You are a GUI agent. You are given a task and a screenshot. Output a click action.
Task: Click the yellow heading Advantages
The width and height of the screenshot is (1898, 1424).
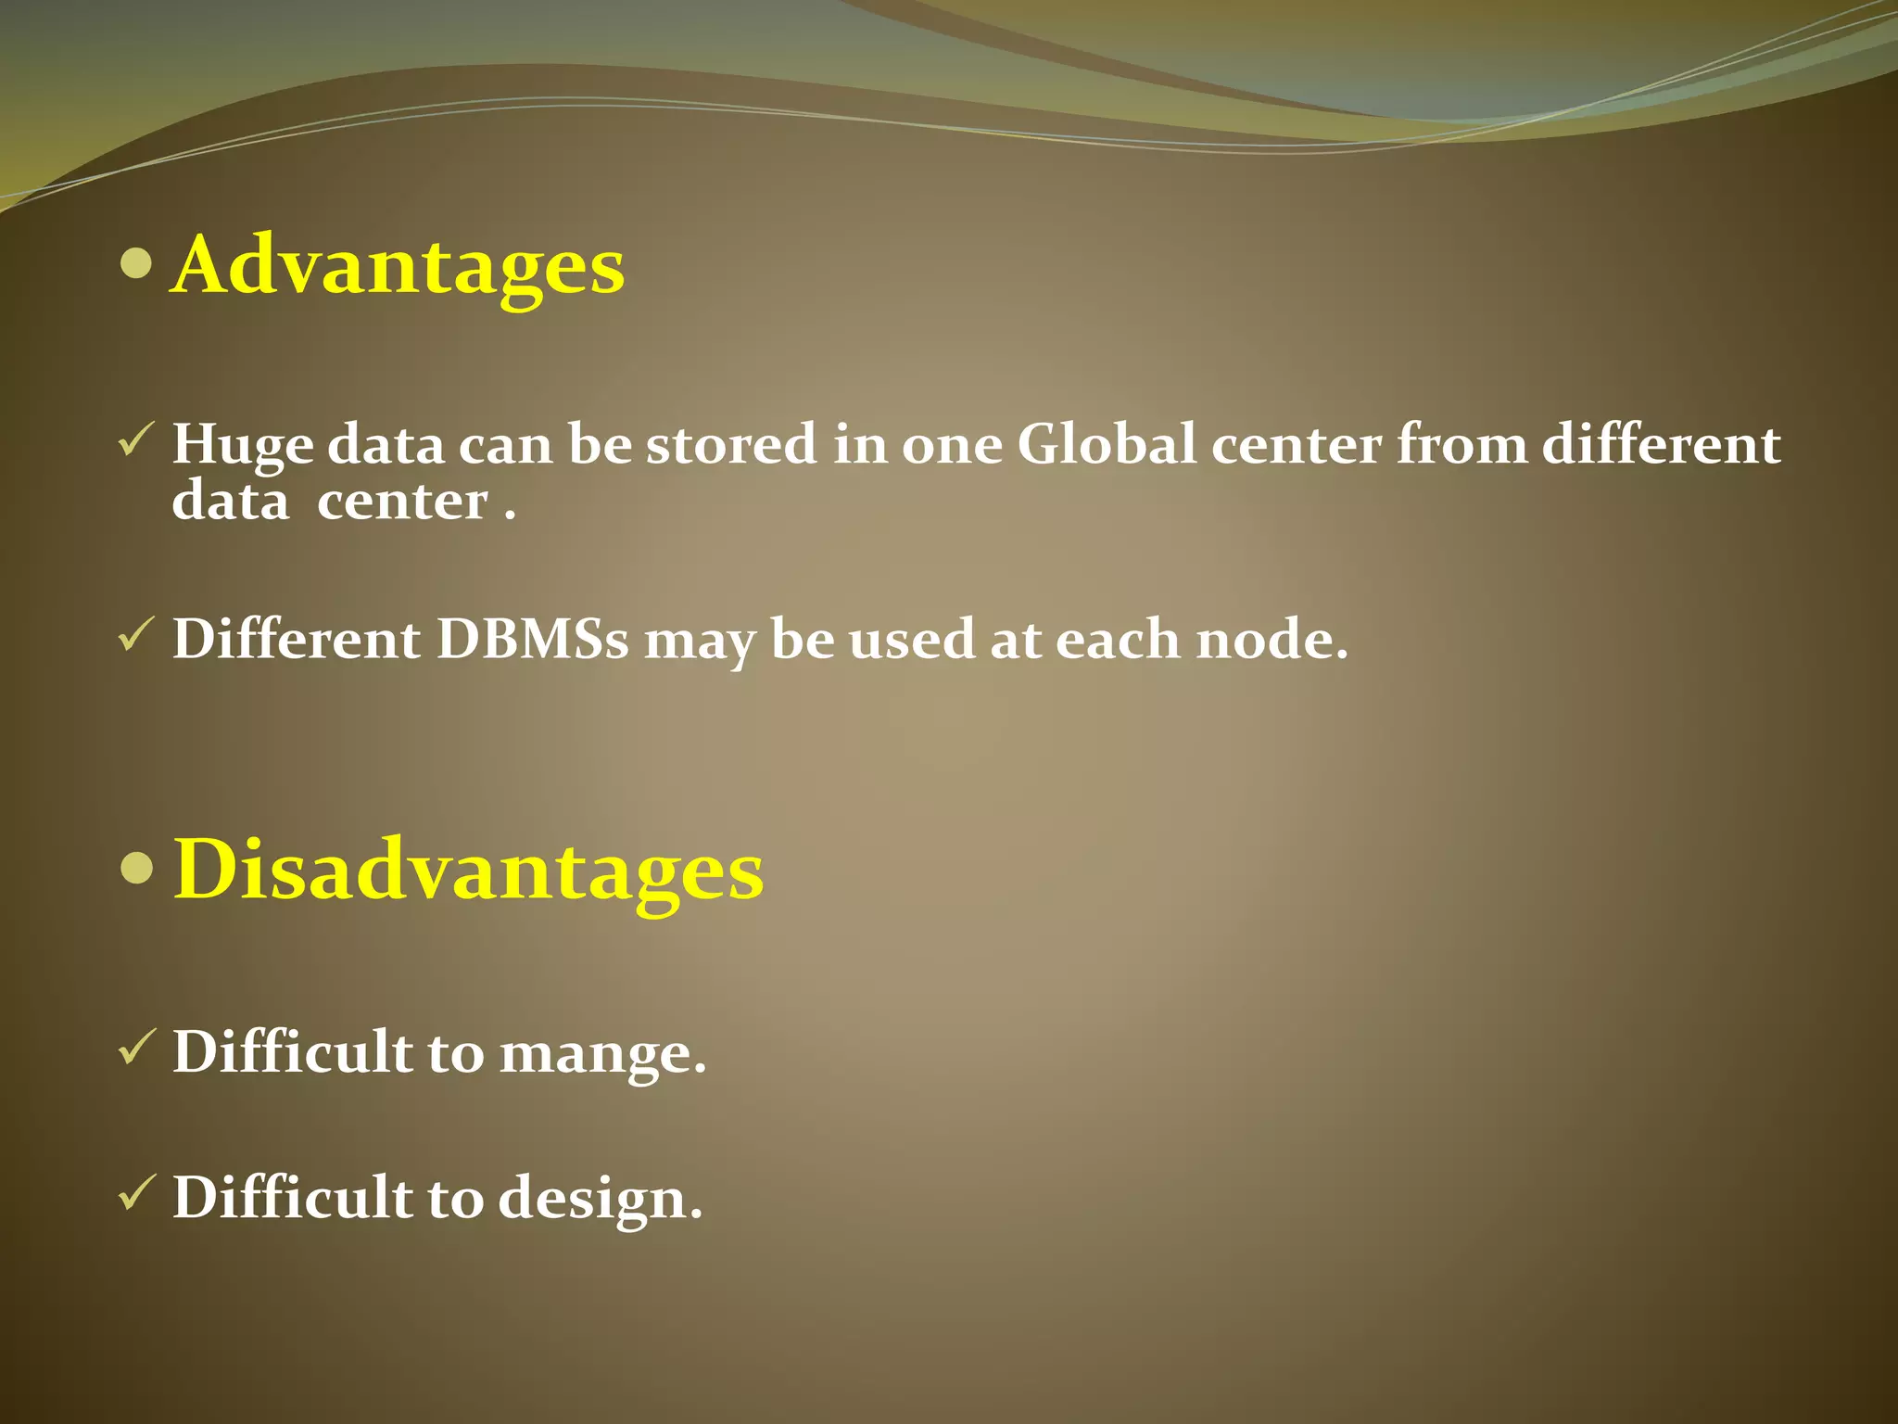point(399,266)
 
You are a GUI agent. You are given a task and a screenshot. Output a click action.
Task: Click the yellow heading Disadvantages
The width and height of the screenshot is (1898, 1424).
point(468,870)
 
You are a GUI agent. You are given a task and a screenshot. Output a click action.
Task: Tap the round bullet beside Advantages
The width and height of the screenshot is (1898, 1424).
point(136,263)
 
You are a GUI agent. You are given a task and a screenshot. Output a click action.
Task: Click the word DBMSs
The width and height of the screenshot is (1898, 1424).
point(533,639)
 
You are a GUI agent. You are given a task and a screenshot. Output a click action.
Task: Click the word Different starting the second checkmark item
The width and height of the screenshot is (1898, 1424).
point(297,639)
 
